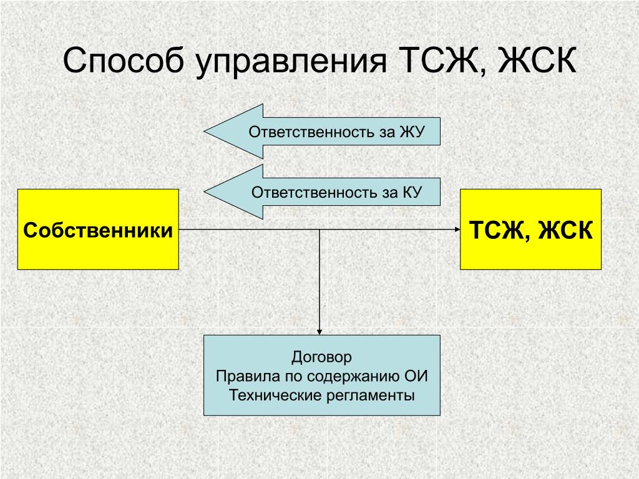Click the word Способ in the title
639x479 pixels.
tap(124, 60)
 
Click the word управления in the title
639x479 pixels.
tap(291, 61)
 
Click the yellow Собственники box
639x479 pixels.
tap(98, 230)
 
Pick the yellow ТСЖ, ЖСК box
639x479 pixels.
tap(530, 230)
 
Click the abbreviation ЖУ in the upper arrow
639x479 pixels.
tap(412, 132)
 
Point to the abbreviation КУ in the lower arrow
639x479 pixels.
tap(412, 192)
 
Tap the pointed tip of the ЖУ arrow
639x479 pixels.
tap(205, 132)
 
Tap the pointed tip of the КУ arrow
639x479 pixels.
tap(205, 192)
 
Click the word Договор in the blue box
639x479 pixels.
tap(321, 357)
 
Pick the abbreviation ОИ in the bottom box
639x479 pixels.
tap(416, 375)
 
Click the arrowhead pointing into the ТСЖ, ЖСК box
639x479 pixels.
tap(457, 230)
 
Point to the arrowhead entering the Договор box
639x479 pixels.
tap(319, 332)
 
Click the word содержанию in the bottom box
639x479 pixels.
tap(353, 376)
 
